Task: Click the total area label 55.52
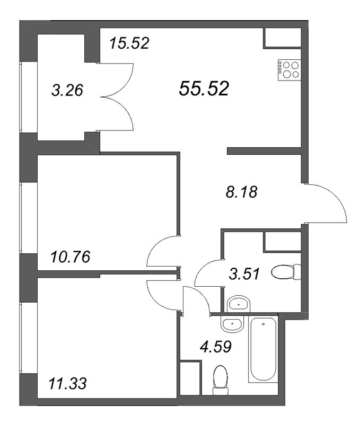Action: click(x=204, y=89)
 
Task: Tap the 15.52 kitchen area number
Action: click(x=130, y=43)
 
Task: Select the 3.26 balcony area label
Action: click(x=67, y=91)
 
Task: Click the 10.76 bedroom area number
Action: click(x=71, y=257)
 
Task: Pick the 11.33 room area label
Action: click(x=68, y=383)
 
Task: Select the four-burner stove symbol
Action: click(x=287, y=70)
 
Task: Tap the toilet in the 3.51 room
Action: click(x=285, y=273)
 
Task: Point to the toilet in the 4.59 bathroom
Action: click(x=219, y=381)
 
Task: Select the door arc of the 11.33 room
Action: click(x=159, y=294)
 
